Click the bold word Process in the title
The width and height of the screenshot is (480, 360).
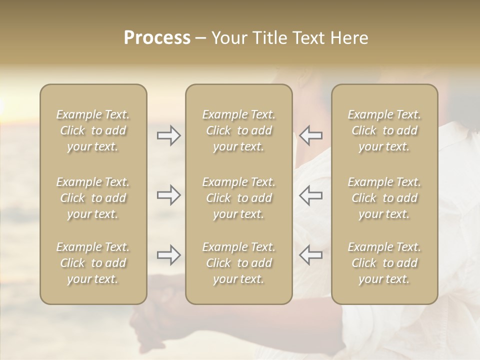pos(157,38)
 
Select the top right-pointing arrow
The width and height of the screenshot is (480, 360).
pos(168,135)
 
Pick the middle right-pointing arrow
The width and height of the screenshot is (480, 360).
pos(168,195)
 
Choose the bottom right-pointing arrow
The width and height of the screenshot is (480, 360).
pos(168,255)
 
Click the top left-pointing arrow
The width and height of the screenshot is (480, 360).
pos(310,135)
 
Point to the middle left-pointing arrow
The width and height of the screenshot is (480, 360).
pos(310,195)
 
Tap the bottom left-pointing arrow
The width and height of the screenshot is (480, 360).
pos(310,255)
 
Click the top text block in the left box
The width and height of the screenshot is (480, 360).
pos(93,130)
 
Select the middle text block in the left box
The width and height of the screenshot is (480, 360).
pos(93,198)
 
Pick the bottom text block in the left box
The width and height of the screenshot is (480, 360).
pos(93,263)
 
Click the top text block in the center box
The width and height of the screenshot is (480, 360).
pos(238,130)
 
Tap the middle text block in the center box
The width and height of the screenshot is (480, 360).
pos(238,198)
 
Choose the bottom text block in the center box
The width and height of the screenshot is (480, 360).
pos(238,263)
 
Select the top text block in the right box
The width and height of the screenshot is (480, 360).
pos(384,130)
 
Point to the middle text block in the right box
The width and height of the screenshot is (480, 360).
pos(384,198)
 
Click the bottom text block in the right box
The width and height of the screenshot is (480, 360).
pos(384,263)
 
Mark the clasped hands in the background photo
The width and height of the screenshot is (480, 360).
pos(150,320)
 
